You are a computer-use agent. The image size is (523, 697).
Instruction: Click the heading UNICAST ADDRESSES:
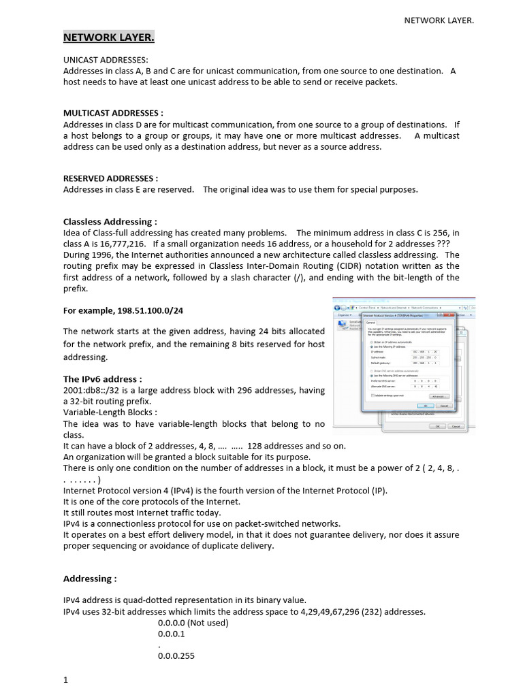[x=105, y=61]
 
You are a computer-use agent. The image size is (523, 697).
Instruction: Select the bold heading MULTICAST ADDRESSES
[x=113, y=114]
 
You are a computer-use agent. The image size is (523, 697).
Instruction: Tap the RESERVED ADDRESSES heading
[x=110, y=178]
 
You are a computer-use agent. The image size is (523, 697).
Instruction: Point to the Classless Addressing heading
[x=110, y=222]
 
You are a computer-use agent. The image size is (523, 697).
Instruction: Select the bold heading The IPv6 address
[x=102, y=379]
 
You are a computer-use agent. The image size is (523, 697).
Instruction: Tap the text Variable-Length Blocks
[x=110, y=412]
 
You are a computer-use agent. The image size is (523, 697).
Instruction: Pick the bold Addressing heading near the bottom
[x=90, y=579]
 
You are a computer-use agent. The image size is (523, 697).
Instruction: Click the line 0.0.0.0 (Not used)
[x=193, y=623]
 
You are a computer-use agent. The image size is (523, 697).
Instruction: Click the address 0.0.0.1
[x=171, y=634]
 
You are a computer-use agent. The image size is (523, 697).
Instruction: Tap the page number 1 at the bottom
[x=66, y=680]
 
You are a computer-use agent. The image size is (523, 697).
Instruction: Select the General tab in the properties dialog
[x=372, y=325]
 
